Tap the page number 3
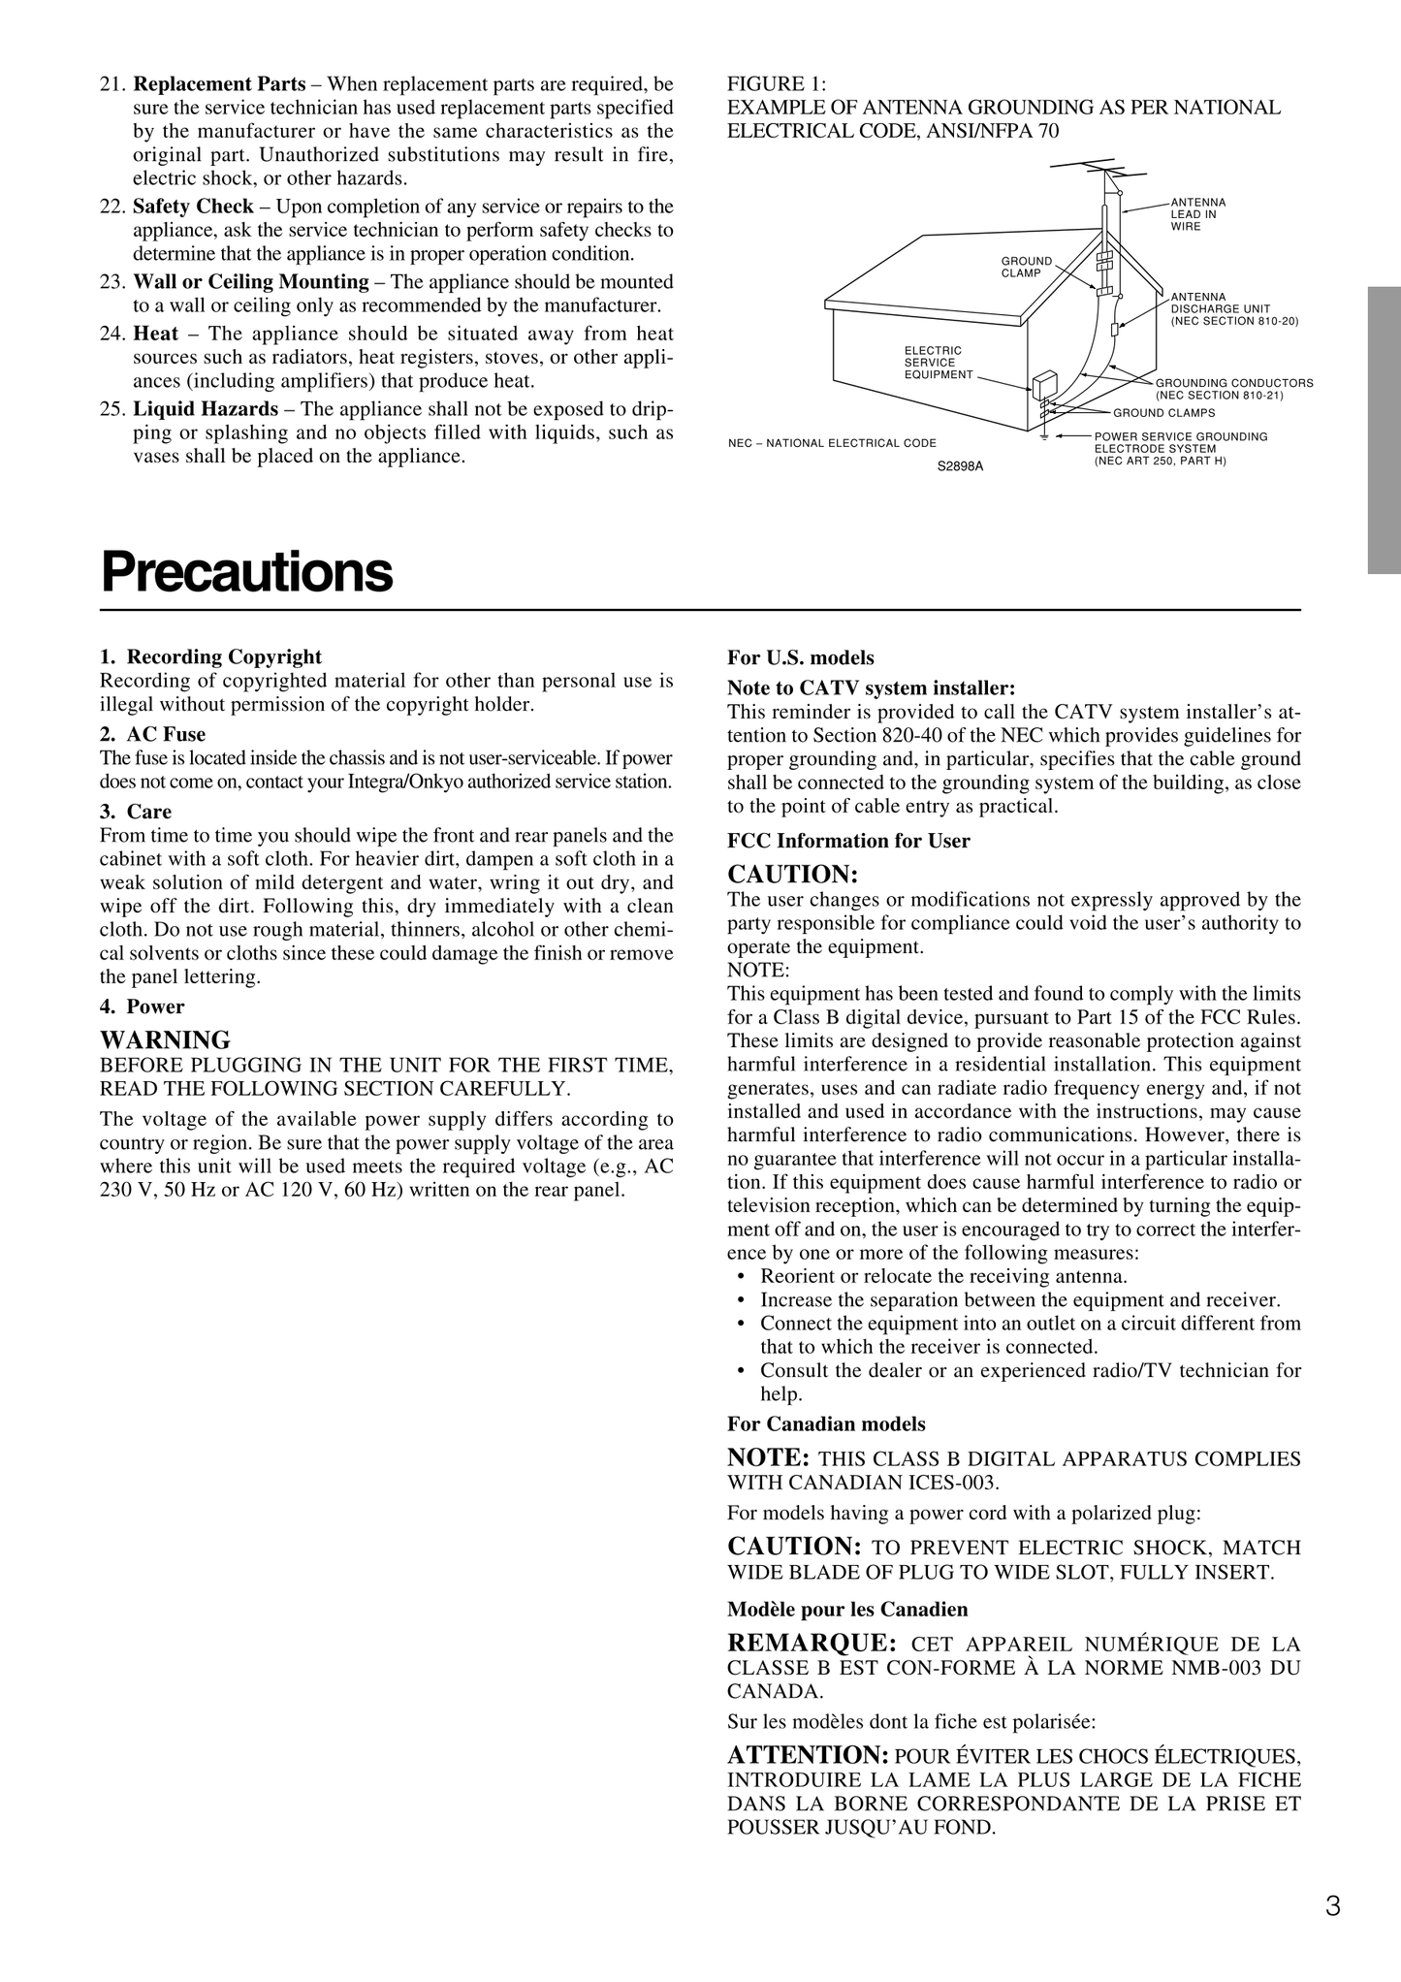(x=1333, y=1906)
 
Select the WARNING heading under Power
(x=166, y=1040)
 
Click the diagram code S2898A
(x=960, y=466)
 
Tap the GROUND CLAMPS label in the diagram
(x=1163, y=413)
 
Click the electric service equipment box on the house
(x=1044, y=386)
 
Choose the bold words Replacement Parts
(x=219, y=84)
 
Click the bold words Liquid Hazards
(x=206, y=409)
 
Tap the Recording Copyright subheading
(x=224, y=657)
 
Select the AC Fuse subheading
(x=166, y=734)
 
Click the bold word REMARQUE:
(x=812, y=1643)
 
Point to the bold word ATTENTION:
(x=808, y=1755)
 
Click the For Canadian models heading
(x=826, y=1424)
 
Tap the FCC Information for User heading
(x=848, y=841)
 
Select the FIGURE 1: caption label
(x=776, y=84)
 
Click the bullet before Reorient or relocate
(x=741, y=1277)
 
